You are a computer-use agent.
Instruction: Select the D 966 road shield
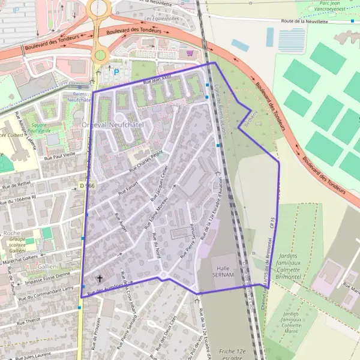87,186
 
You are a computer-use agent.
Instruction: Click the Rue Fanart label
128,188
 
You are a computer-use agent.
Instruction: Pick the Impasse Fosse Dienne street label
47,278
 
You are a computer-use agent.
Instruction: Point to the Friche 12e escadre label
233,353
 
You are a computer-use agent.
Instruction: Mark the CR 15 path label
272,223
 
